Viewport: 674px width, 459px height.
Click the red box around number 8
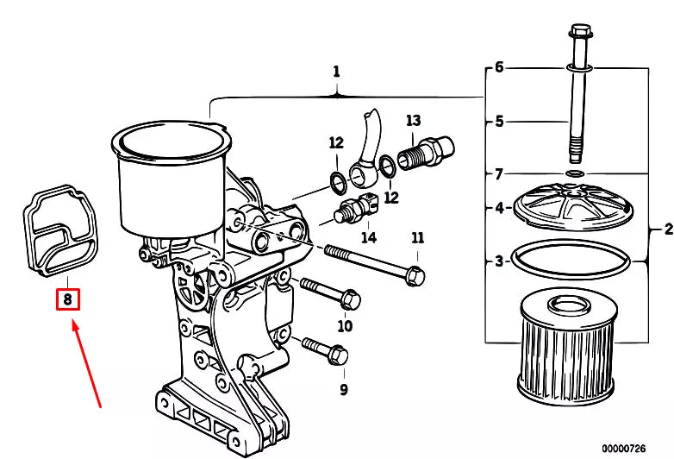[x=68, y=299]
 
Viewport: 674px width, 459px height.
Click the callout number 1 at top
[x=336, y=72]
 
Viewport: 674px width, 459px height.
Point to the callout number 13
[x=413, y=121]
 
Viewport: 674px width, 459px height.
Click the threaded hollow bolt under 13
[x=425, y=154]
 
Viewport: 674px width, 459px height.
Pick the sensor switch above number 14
[x=356, y=209]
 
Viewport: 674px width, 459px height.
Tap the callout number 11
[x=417, y=238]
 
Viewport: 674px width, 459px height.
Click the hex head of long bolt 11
[x=415, y=275]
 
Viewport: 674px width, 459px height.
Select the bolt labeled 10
[x=330, y=293]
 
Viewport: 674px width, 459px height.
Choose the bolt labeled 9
[x=325, y=350]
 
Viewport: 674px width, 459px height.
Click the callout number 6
[x=499, y=67]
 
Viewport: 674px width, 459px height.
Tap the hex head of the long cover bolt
[x=580, y=31]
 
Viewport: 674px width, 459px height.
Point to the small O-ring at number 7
[x=575, y=173]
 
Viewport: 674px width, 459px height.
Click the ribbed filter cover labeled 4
[x=573, y=207]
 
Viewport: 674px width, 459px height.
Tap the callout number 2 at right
[x=668, y=229]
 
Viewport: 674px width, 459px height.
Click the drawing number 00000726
[x=624, y=449]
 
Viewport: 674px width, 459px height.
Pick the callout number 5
[x=499, y=122]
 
